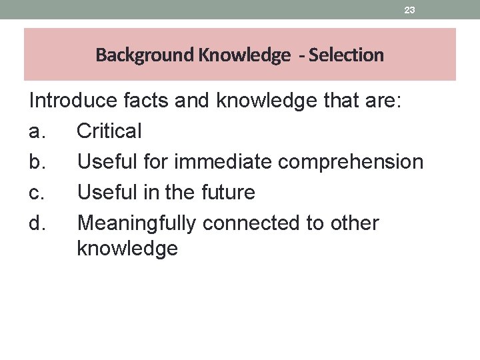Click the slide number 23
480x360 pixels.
[410, 10]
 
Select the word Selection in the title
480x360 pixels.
[345, 55]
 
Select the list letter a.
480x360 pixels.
[37, 131]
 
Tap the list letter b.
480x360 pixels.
[37, 162]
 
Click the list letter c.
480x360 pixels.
[37, 193]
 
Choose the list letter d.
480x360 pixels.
[37, 223]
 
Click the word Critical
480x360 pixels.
[109, 131]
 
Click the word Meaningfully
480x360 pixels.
[137, 223]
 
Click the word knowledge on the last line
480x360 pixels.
[127, 249]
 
